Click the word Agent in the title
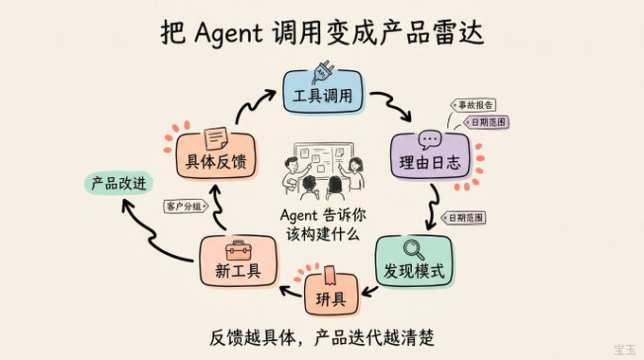[228, 34]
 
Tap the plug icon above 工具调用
[323, 72]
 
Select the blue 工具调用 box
[323, 92]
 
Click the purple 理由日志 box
[430, 156]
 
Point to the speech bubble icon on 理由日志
[430, 139]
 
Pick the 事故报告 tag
[474, 105]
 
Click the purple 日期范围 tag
[487, 122]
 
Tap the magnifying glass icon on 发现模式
[414, 249]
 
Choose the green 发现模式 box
[414, 261]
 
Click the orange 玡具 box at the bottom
[331, 295]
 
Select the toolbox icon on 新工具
[239, 250]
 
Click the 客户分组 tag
[186, 206]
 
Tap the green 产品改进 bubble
[118, 183]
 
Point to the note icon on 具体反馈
[216, 138]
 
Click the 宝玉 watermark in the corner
[625, 351]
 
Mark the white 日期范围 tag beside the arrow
[464, 217]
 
